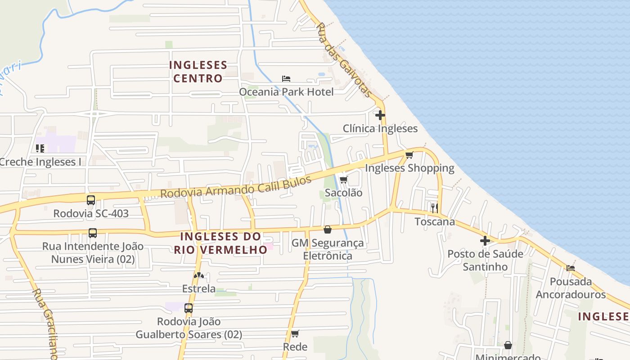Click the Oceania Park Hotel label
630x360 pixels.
pyautogui.click(x=286, y=92)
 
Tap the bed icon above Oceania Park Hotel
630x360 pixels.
pyautogui.click(x=286, y=79)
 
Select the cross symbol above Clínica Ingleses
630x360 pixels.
pyautogui.click(x=380, y=115)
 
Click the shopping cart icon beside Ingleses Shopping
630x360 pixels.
pyautogui.click(x=409, y=155)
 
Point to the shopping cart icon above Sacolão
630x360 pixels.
pyautogui.click(x=343, y=180)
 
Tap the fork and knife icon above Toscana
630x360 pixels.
pyautogui.click(x=434, y=208)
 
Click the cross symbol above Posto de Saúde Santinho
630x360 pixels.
pyautogui.click(x=485, y=241)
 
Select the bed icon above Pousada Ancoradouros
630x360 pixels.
pyautogui.click(x=571, y=268)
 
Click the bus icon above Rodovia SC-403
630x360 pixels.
pyautogui.click(x=91, y=200)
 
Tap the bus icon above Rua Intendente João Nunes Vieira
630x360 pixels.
pyautogui.click(x=93, y=233)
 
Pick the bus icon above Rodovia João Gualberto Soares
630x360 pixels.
pyautogui.click(x=189, y=308)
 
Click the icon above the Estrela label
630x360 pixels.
pyautogui.click(x=198, y=275)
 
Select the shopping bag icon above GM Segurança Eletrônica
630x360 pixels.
pyautogui.click(x=328, y=230)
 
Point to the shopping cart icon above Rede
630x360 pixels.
pyautogui.click(x=295, y=333)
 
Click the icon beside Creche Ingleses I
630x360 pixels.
pyautogui.click(x=40, y=148)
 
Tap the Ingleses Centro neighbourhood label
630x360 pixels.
pyautogui.click(x=198, y=72)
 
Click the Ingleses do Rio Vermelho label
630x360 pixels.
pyautogui.click(x=220, y=243)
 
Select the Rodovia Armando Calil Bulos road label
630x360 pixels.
pyautogui.click(x=236, y=187)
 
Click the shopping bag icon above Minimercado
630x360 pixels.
pyautogui.click(x=508, y=346)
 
